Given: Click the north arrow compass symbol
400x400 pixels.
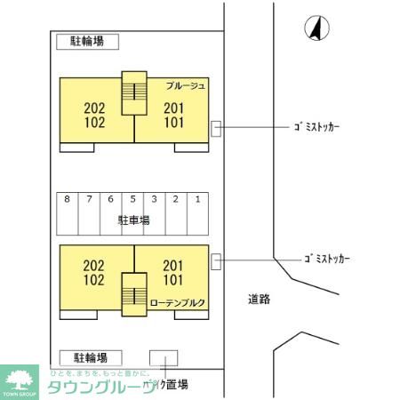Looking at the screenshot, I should pos(316,29).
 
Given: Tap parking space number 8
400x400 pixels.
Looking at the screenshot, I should pos(68,199).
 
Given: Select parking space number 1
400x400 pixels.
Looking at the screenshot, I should pos(197,199).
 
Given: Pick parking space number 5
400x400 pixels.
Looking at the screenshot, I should pos(132,199).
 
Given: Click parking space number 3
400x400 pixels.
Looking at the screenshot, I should pos(154,199).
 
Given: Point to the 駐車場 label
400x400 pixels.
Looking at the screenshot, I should pos(133,220).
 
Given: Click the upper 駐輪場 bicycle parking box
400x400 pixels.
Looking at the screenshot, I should pos(87,42).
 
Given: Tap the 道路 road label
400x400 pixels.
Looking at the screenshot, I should pos(260,300).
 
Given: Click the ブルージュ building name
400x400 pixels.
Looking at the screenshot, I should pos(186,85).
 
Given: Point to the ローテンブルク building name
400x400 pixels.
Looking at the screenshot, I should pos(178,303).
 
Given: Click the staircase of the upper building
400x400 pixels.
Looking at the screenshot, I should pos(134,92).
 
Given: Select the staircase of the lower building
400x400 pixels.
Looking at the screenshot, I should pos(134,293).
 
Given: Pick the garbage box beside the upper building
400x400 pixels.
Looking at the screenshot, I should pos(216,129).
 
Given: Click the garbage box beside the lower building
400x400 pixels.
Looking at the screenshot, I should pos(216,260).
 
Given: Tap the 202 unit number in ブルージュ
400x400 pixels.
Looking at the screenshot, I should pos(94,108).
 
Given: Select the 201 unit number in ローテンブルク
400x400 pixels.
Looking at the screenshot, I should pos(174,265).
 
